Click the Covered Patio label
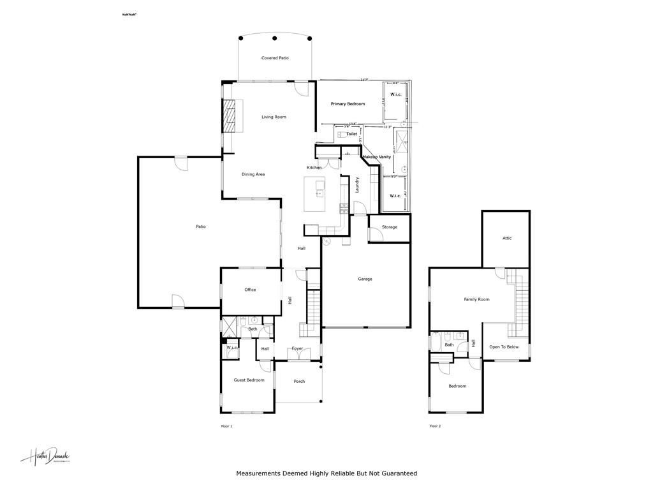click(275, 58)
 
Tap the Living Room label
click(274, 117)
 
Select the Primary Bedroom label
click(348, 103)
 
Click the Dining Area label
click(253, 174)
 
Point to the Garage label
click(365, 279)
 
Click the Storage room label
click(390, 227)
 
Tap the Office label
click(250, 290)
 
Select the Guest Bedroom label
click(249, 380)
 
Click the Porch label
click(299, 382)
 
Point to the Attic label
click(507, 238)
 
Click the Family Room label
click(476, 299)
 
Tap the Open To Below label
click(504, 347)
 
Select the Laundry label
click(358, 185)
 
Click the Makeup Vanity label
click(376, 157)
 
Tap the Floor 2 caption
click(435, 426)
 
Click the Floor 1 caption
click(226, 426)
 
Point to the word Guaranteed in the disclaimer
click(398, 473)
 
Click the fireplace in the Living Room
click(228, 115)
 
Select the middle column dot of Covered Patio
click(275, 38)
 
